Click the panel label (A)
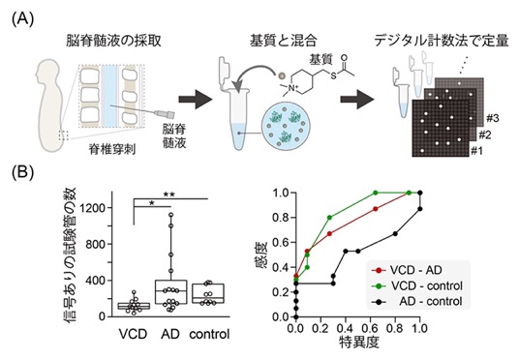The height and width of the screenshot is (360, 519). pos(23,19)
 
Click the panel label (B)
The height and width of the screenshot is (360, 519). pos(23,173)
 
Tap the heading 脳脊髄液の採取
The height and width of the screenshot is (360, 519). pos(113,41)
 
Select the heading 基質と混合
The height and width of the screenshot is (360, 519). pos(284,41)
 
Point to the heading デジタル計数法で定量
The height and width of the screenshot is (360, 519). pos(442,41)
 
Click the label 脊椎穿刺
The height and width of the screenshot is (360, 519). pos(112,150)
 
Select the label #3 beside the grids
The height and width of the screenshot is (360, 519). pos(493,118)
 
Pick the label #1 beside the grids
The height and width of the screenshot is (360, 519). pos(476,151)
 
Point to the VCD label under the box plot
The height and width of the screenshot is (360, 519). pos(133,334)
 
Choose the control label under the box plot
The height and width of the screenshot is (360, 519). pos(209,334)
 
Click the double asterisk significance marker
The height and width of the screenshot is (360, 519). pos(168,195)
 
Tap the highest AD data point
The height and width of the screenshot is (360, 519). pos(171,215)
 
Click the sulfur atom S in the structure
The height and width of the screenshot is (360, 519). pos(333,75)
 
